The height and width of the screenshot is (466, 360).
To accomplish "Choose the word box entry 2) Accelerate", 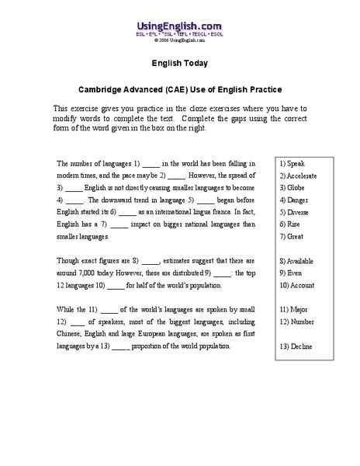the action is (x=299, y=176).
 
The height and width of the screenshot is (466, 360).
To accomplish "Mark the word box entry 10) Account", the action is (x=298, y=284).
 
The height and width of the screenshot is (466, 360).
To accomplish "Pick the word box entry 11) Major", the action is (x=294, y=308).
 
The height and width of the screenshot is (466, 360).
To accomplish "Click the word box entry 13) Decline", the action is (x=297, y=346).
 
